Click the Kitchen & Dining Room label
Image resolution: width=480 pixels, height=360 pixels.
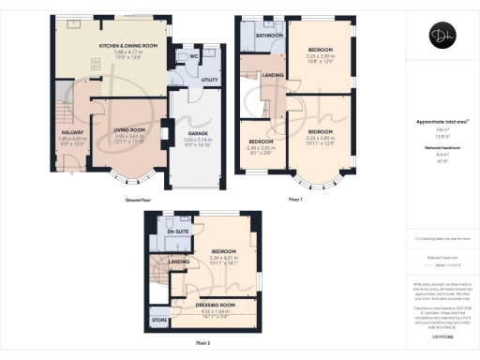click(x=127, y=44)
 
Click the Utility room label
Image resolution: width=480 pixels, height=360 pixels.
click(x=209, y=82)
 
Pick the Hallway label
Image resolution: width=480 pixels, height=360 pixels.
click(x=72, y=132)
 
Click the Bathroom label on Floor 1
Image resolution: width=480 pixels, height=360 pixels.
click(x=269, y=35)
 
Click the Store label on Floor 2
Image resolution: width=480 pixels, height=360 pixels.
click(x=158, y=322)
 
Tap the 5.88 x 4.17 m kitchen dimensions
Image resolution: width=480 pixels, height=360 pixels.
click(x=127, y=52)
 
